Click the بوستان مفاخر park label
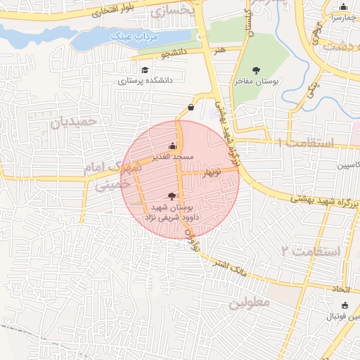click(257, 82)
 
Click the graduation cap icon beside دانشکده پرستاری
click(145, 70)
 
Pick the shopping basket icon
click(191, 108)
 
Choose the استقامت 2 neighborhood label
click(310, 251)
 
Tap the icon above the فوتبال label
click(344, 305)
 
